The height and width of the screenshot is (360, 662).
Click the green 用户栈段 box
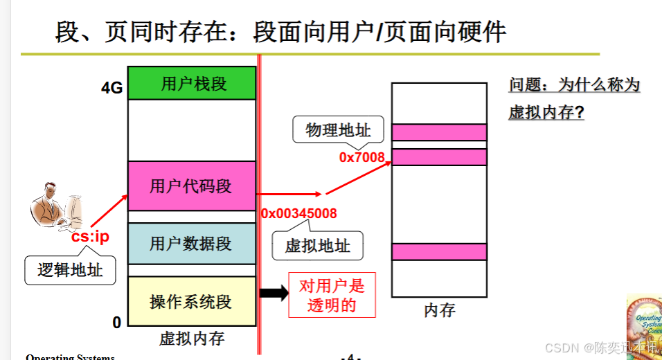(193, 84)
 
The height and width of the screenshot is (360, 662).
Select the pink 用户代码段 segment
(192, 186)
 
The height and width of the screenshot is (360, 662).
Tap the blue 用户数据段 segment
(192, 244)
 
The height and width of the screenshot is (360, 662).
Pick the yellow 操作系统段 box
(192, 302)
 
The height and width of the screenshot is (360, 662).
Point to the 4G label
(111, 88)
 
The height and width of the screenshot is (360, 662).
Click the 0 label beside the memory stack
(116, 322)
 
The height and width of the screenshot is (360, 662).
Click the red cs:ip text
(90, 237)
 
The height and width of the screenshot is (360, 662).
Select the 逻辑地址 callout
(70, 270)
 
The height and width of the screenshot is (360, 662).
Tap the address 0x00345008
(299, 213)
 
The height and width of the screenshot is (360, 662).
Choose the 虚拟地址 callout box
(318, 246)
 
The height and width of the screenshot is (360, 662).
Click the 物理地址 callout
(338, 129)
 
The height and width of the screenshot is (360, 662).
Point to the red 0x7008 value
(361, 157)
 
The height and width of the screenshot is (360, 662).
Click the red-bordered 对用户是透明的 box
(332, 296)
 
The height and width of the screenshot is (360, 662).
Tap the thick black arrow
(274, 293)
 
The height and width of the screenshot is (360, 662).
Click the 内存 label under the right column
(439, 311)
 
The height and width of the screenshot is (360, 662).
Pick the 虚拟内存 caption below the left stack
(192, 339)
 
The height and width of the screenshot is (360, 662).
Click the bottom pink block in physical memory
(439, 251)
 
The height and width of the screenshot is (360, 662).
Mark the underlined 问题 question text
(574, 98)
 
